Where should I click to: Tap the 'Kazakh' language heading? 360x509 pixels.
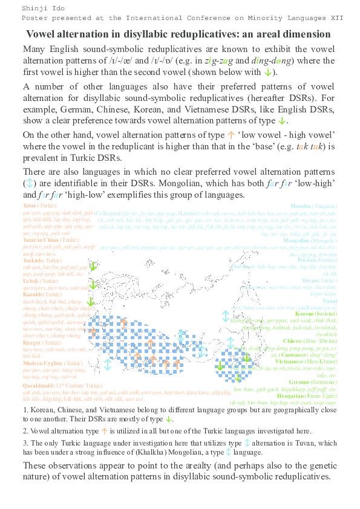32,294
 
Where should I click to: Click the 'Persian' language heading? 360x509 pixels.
322,259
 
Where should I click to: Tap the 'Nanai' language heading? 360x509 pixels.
331,300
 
